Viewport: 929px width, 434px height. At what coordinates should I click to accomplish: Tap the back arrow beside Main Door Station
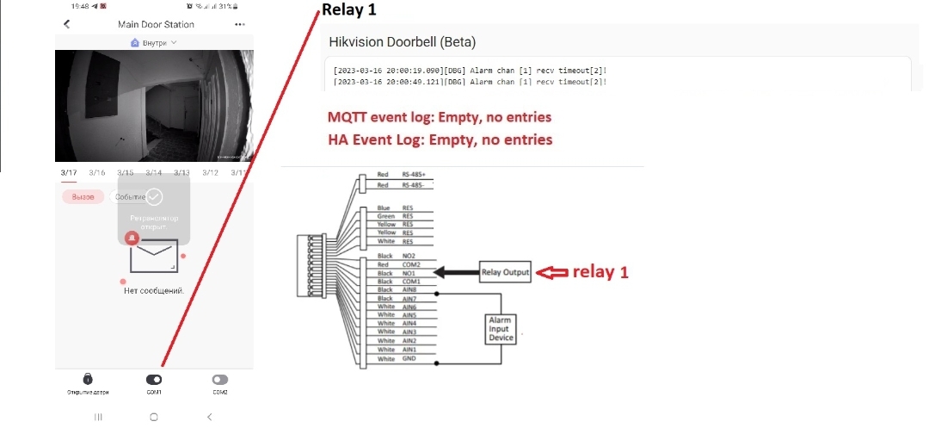(67, 24)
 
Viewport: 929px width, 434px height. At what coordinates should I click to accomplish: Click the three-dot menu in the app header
(240, 24)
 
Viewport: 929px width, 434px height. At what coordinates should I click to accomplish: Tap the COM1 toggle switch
(154, 379)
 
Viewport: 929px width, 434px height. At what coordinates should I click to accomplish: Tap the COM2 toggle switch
(220, 379)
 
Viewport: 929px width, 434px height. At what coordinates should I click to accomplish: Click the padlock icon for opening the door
(88, 379)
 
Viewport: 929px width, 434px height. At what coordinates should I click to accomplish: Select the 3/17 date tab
(69, 173)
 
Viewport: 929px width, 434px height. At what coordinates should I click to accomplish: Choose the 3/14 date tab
(154, 173)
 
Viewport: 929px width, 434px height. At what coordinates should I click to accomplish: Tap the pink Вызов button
(83, 197)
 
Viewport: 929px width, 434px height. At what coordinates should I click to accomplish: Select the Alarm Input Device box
(501, 328)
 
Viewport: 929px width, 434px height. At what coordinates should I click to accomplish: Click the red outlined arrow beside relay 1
(553, 272)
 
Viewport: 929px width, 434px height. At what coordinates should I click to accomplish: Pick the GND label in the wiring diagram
(409, 358)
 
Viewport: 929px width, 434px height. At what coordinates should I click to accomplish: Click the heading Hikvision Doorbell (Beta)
(403, 41)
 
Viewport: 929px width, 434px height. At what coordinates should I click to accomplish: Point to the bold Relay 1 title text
(348, 10)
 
